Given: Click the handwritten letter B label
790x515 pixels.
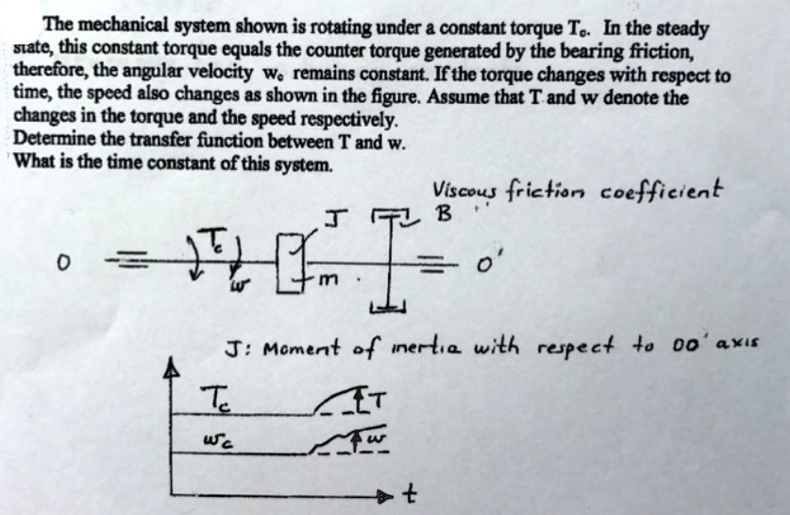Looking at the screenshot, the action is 444,214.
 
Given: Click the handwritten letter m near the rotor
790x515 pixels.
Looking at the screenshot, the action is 328,278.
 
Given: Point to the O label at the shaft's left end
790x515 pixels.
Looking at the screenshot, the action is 62,263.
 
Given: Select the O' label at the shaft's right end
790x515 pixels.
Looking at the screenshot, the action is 485,263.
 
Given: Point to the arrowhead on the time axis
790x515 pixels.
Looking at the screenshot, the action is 385,497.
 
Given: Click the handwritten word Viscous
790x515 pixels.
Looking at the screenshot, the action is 464,191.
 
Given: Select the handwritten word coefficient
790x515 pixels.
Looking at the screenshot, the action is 662,190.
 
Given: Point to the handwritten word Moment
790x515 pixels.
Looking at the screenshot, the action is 301,348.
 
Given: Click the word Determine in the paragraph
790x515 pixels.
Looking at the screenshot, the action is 55,140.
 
